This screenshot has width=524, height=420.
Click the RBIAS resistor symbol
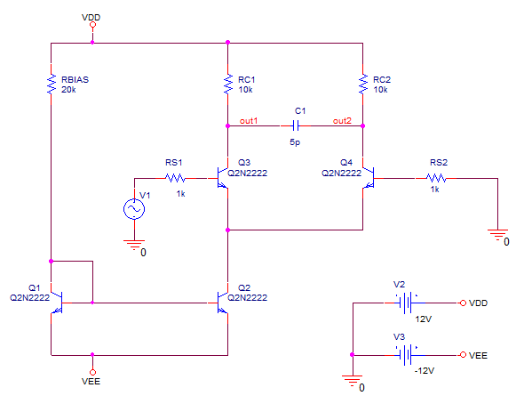click(x=52, y=84)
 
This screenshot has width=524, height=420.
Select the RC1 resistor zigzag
click(x=228, y=84)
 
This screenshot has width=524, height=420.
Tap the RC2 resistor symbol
click(x=363, y=84)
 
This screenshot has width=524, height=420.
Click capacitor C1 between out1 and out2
click(x=296, y=126)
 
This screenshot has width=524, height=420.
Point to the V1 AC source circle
click(x=134, y=209)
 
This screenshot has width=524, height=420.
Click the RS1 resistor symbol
click(x=175, y=178)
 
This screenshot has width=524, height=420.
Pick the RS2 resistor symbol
click(x=436, y=178)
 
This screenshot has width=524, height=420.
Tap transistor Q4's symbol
click(x=368, y=178)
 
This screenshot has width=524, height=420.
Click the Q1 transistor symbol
click(x=57, y=303)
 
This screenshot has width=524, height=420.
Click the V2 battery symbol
click(x=406, y=303)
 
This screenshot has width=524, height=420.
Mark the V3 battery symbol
click(x=406, y=355)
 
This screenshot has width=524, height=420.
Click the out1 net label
click(x=249, y=121)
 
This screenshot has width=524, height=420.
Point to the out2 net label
click(x=342, y=121)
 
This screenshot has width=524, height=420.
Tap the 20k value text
click(x=68, y=90)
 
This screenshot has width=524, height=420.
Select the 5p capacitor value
click(x=295, y=142)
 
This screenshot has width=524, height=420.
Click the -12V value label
click(x=425, y=371)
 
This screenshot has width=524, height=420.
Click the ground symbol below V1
click(x=134, y=245)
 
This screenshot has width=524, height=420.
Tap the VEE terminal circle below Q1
click(x=92, y=372)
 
